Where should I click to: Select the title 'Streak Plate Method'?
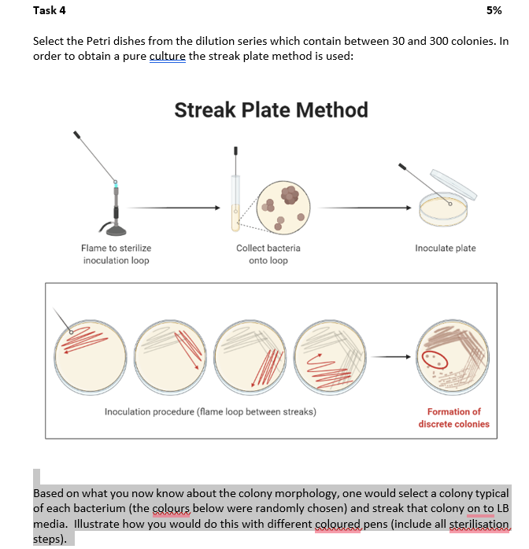tap(271, 109)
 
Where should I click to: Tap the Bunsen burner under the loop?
tap(116, 213)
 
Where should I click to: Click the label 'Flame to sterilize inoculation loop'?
tap(116, 253)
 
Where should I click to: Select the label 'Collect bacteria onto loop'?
tap(268, 253)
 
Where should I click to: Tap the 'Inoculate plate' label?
tap(446, 248)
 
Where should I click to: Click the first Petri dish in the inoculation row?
tap(92, 355)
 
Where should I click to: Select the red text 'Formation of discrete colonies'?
tap(453, 418)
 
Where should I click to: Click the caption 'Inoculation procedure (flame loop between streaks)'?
tap(210, 411)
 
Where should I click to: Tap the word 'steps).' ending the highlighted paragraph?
tap(51, 540)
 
